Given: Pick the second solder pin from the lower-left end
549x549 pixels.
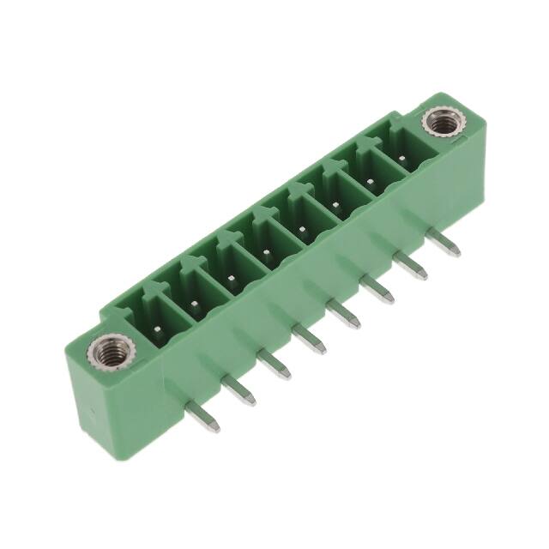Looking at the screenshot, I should (239, 394).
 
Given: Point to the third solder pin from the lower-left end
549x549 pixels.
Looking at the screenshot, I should (275, 367).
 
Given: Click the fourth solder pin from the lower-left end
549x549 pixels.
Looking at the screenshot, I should (310, 342).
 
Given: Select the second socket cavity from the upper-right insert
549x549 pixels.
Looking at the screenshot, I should (370, 178).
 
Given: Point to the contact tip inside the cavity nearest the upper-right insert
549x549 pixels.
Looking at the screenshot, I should (403, 160).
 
